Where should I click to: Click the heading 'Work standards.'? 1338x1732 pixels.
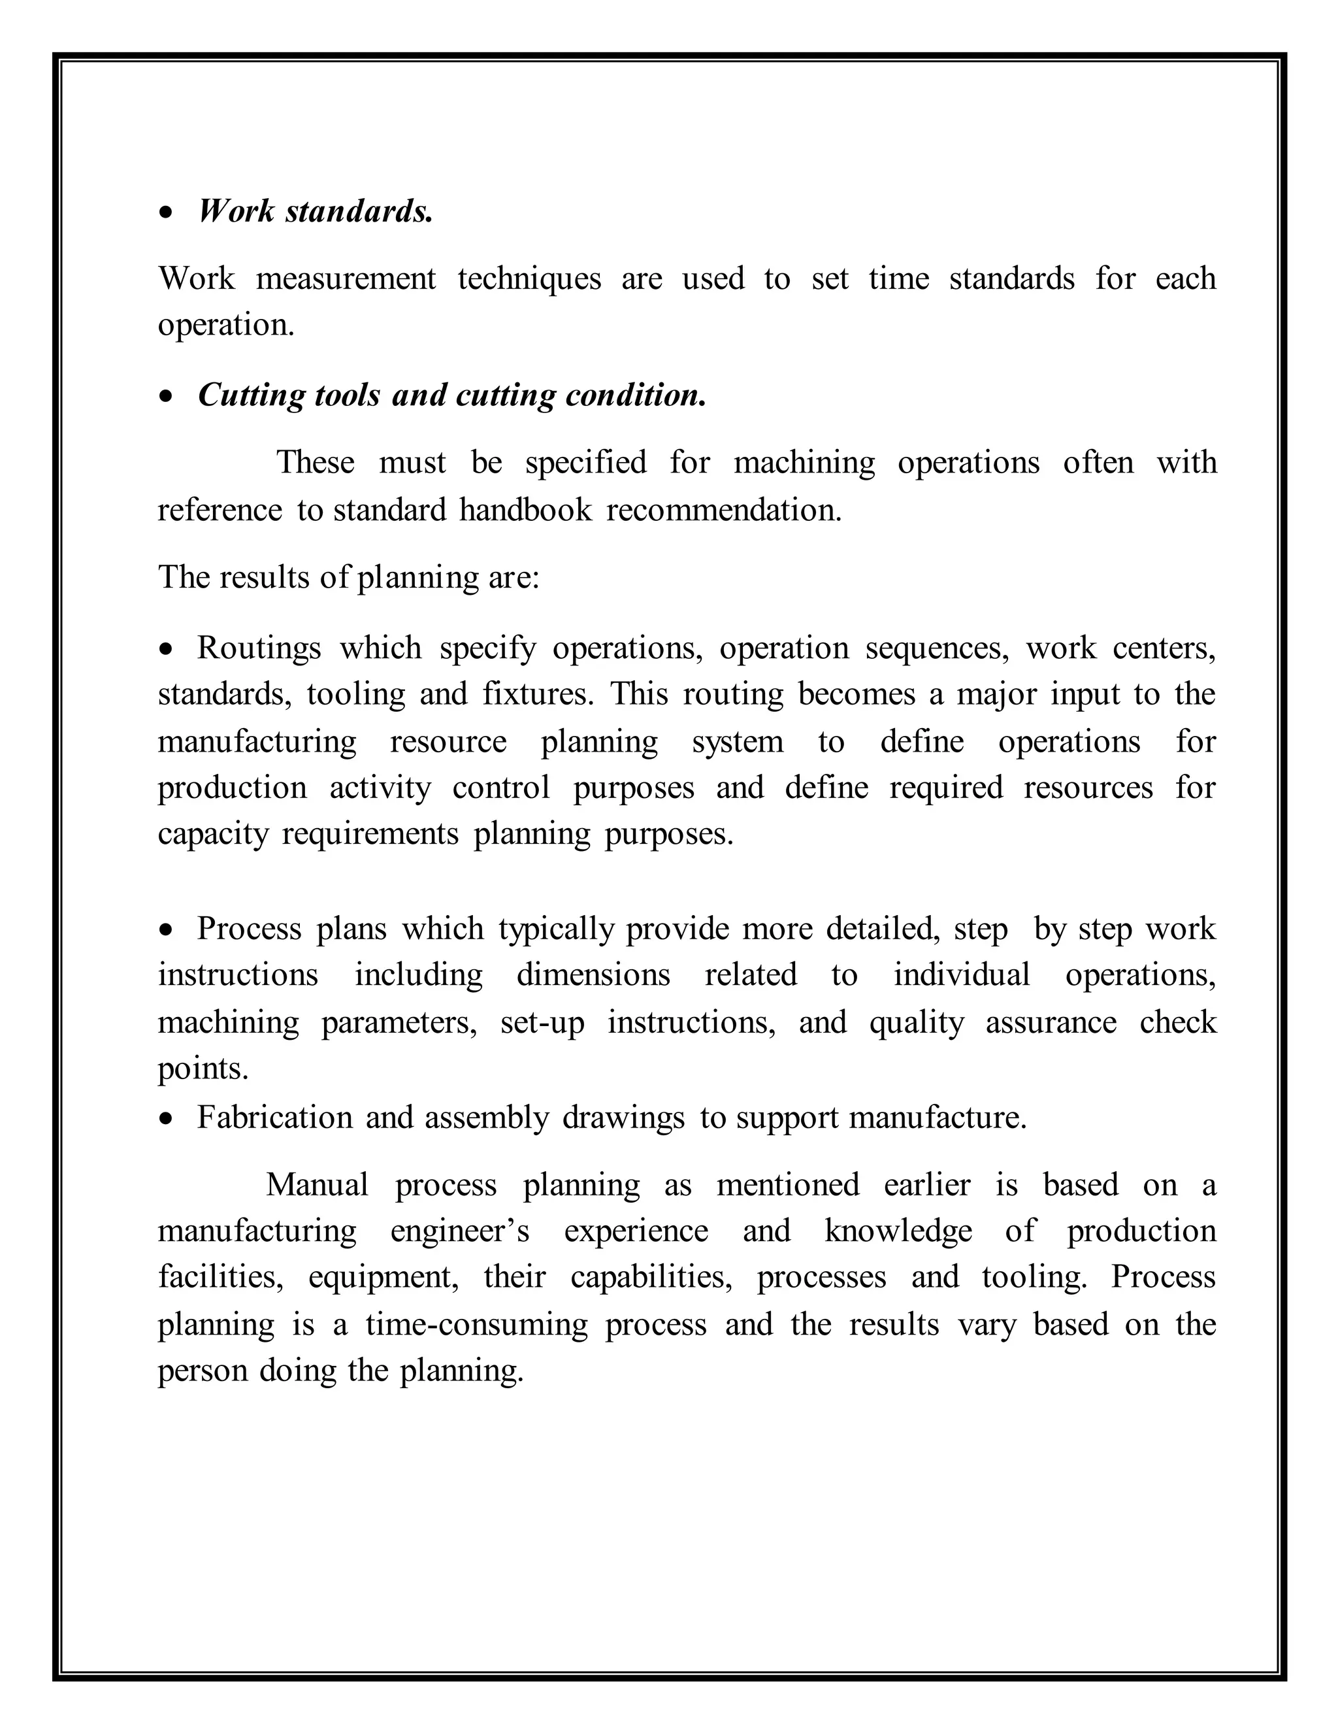[x=316, y=212]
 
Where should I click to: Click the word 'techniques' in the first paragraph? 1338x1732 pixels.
[x=529, y=279]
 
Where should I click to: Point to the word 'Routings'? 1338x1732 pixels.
[x=259, y=649]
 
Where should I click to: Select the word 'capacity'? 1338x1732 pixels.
[x=212, y=834]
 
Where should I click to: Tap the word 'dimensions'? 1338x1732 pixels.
[x=593, y=974]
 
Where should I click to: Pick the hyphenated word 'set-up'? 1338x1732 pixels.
[x=542, y=1022]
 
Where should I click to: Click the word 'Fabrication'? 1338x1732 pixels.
[x=274, y=1118]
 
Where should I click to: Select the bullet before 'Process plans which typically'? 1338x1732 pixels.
[x=166, y=929]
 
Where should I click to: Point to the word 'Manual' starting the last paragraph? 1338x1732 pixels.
[x=317, y=1185]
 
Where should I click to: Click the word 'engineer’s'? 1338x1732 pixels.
[x=460, y=1231]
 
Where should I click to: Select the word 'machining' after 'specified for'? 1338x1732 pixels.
[x=804, y=462]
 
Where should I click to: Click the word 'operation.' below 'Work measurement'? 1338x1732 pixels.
[x=226, y=325]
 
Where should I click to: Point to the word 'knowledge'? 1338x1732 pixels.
[x=898, y=1231]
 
